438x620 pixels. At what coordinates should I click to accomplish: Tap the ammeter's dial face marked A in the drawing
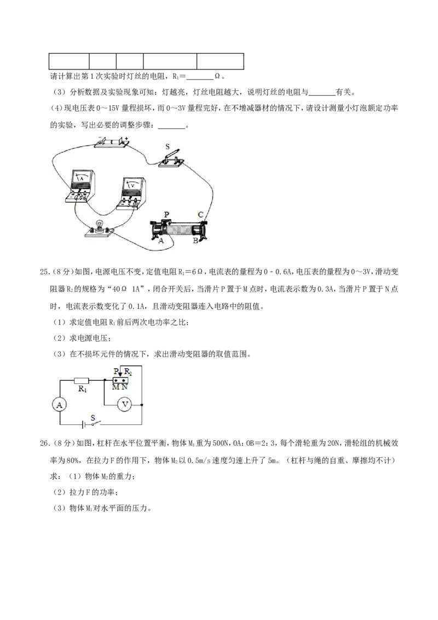[82, 179]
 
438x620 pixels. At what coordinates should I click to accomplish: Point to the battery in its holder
[112, 142]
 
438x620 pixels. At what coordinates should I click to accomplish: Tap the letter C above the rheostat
[200, 215]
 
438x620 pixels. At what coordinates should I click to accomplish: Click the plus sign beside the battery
[126, 139]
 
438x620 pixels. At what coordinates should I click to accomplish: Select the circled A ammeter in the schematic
[59, 405]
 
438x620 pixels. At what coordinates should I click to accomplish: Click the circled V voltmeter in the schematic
[125, 405]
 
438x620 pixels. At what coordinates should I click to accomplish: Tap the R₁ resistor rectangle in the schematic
[82, 381]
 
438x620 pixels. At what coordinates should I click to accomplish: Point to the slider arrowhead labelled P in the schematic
[119, 375]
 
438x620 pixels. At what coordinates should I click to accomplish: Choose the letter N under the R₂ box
[124, 387]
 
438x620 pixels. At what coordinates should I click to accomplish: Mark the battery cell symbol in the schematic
[84, 424]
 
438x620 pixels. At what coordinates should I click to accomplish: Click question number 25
[44, 272]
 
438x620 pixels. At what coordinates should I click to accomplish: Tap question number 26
[44, 443]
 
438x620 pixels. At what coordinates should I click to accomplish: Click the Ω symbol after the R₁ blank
[217, 76]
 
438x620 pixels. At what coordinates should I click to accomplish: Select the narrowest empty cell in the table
[103, 61]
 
